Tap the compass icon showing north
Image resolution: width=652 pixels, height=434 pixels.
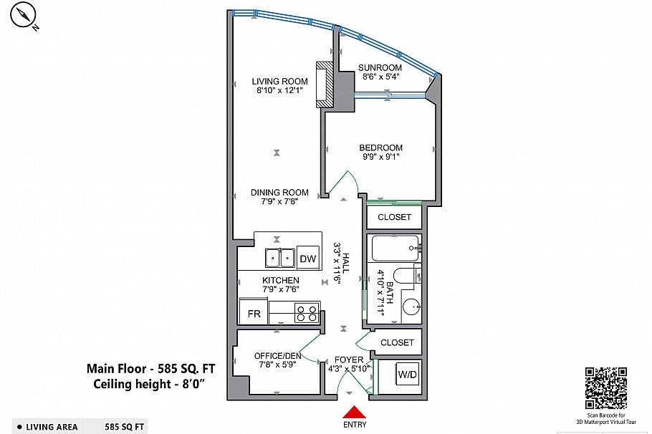point(26,16)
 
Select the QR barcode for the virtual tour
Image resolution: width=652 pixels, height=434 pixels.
point(605,387)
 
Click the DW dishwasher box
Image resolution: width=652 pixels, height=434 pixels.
point(308,259)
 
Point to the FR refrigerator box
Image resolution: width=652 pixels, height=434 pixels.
point(254,314)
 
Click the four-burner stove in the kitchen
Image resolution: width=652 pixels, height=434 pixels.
point(306,314)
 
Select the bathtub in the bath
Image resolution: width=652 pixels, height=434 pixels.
point(395,249)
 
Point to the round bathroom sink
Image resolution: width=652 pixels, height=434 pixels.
point(411,307)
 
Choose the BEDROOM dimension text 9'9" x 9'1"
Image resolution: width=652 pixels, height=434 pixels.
point(380,158)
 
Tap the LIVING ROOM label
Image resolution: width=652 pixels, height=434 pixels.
point(279,81)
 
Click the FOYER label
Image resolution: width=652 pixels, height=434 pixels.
point(349,360)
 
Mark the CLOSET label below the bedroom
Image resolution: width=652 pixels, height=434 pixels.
point(395,217)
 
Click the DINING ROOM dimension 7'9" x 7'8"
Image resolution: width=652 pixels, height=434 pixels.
point(279,202)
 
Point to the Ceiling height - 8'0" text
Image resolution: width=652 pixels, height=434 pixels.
point(150,385)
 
